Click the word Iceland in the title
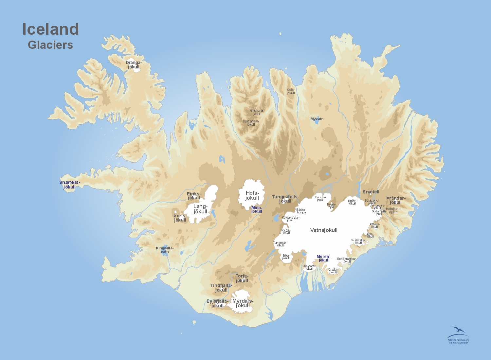point(50,29)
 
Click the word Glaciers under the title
point(50,45)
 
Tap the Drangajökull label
point(134,65)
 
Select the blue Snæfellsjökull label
point(69,185)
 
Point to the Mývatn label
point(317,119)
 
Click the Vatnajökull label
point(324,230)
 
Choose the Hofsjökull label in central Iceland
point(252,195)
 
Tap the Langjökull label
point(200,209)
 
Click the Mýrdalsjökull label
point(243,303)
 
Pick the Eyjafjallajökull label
point(217,303)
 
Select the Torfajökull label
point(242,278)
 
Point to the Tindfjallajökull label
point(221,288)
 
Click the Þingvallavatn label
point(165,250)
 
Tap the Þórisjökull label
point(180,218)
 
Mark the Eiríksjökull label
point(194,196)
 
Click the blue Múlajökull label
point(257,209)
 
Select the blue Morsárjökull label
point(324,258)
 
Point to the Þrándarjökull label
point(396,200)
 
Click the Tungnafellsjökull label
point(285,199)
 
